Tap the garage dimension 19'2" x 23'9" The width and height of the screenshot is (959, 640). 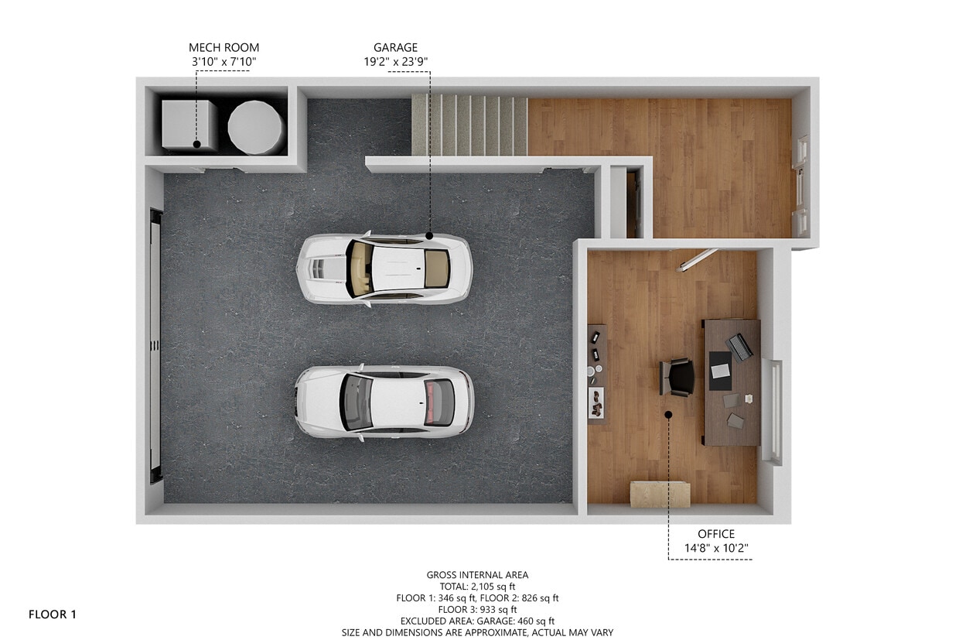(396, 62)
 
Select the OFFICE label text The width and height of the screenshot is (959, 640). (715, 534)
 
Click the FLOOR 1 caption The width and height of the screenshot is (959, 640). (53, 614)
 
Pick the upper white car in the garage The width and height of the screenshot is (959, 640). (384, 269)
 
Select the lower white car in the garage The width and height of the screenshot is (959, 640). (384, 402)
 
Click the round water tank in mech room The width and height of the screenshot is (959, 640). (255, 126)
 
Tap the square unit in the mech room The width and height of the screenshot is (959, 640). (189, 125)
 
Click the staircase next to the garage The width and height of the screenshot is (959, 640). (469, 125)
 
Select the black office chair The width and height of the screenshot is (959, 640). (678, 377)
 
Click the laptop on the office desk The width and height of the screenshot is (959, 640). (740, 347)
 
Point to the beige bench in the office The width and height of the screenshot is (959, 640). (659, 494)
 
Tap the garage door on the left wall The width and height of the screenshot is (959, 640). (155, 345)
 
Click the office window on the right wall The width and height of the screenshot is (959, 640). (773, 411)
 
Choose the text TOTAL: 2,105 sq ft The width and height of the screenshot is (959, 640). (476, 586)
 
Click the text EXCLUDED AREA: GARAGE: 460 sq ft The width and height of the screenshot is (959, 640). (476, 621)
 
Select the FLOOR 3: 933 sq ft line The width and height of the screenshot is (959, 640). (476, 609)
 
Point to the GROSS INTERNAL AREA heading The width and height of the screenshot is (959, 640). (476, 574)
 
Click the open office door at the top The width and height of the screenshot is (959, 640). (698, 260)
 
